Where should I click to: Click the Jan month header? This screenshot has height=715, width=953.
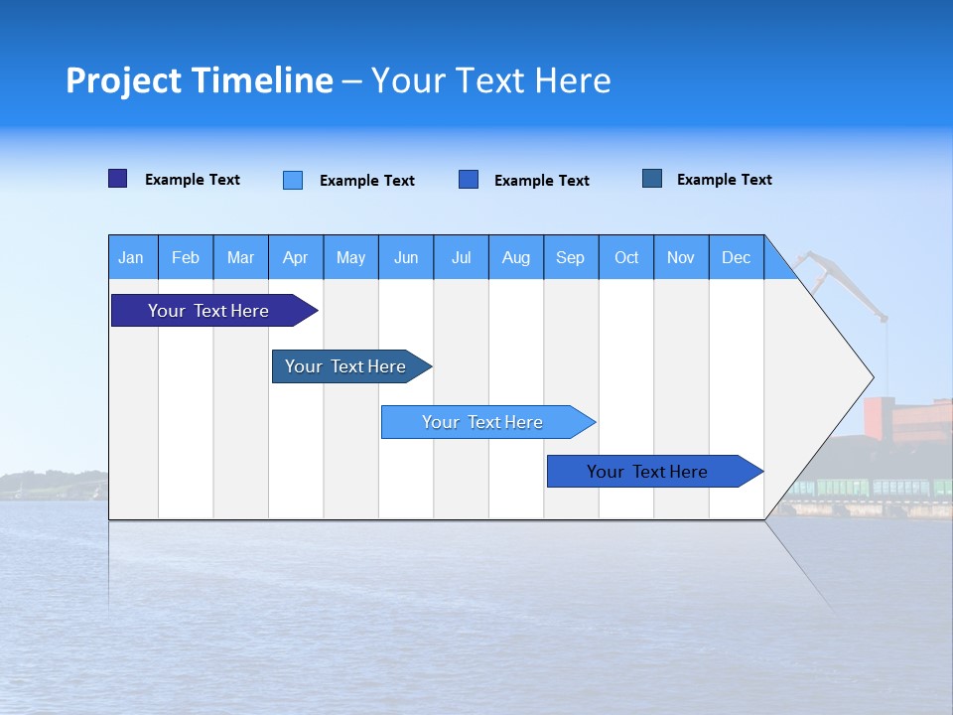pos(132,257)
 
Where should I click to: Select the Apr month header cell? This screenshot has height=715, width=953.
pos(296,257)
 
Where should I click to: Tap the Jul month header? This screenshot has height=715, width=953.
pos(462,257)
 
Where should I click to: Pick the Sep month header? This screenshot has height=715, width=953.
pos(571,257)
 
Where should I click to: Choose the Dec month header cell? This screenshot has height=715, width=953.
pos(737,257)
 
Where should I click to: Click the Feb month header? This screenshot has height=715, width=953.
pos(186,257)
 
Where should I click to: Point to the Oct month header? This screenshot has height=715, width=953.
pos(626,257)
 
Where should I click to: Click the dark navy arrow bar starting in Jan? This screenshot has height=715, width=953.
pos(208,311)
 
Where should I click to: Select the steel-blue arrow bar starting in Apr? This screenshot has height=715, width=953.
pos(345,366)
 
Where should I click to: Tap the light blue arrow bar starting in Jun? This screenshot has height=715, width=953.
pos(482,422)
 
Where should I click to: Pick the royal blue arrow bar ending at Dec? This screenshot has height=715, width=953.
pos(647,472)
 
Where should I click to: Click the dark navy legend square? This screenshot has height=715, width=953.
pos(118,179)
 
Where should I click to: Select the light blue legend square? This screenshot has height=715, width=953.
pos(293,180)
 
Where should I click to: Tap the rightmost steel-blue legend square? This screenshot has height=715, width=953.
pos(652,179)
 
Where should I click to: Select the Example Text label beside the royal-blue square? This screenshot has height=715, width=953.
pos(542,181)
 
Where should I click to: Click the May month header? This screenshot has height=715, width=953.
pos(350,257)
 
